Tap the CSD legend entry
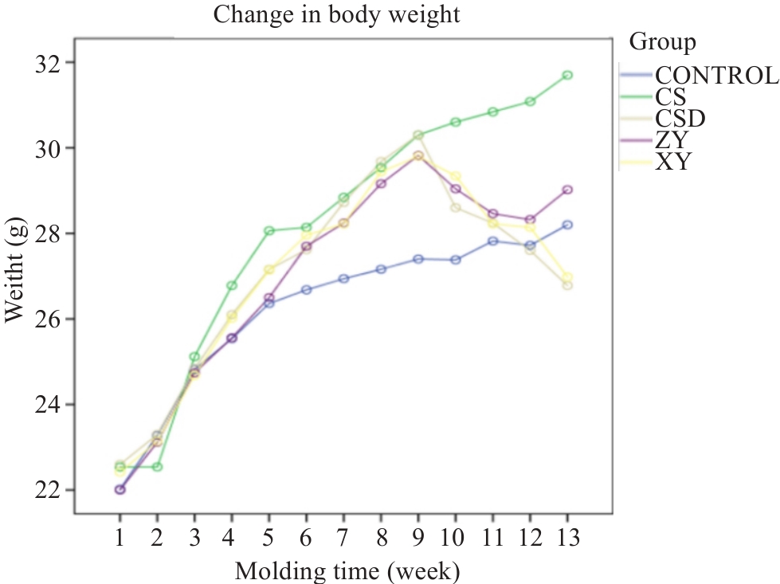pyautogui.click(x=681, y=120)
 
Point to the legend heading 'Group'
pyautogui.click(x=662, y=41)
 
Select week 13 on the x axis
pyautogui.click(x=566, y=538)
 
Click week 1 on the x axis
pyautogui.click(x=120, y=538)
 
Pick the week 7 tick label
pyautogui.click(x=343, y=538)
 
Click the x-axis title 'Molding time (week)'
pyautogui.click(x=347, y=570)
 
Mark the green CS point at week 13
pyautogui.click(x=566, y=75)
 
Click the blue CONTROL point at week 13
pyautogui.click(x=566, y=225)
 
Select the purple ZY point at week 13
pyautogui.click(x=566, y=190)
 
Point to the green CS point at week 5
pyautogui.click(x=268, y=231)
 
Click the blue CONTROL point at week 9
pyautogui.click(x=417, y=259)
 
